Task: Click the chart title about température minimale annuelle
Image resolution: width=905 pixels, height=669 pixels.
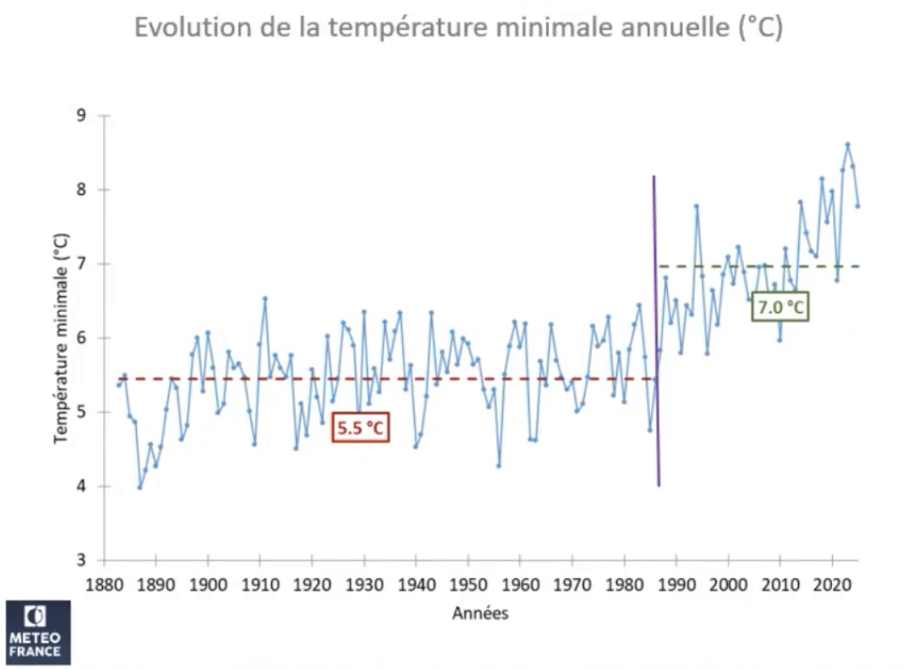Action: pos(458,27)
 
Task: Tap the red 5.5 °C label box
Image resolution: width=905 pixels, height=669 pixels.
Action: pos(360,428)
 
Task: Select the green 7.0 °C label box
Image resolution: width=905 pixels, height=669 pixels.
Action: pos(779,306)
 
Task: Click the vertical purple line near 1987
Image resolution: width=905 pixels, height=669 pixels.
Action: pos(656,328)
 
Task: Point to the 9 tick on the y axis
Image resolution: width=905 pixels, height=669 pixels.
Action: pos(81,115)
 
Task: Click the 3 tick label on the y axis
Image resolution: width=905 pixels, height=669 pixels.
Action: pos(81,560)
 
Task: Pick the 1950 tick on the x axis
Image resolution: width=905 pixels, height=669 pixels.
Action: pos(467,585)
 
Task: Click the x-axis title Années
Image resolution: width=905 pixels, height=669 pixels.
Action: pos(480,615)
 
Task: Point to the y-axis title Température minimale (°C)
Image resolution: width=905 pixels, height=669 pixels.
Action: pos(61,337)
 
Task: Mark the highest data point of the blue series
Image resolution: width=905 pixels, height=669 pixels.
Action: pos(847,144)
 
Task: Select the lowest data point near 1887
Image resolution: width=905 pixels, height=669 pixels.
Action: pos(140,487)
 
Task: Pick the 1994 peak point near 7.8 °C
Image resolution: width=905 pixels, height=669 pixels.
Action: pos(697,206)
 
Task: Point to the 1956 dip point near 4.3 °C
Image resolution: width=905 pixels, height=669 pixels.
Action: pos(498,466)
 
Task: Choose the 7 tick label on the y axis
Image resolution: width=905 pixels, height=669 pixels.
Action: pos(81,263)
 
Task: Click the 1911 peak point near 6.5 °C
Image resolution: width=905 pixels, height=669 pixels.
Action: pos(265,298)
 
